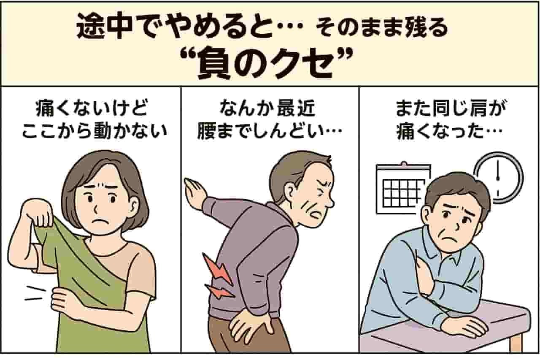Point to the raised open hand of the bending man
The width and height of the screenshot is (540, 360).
196,191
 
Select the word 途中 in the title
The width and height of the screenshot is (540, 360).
104,27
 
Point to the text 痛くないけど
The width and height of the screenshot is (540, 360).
92,109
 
